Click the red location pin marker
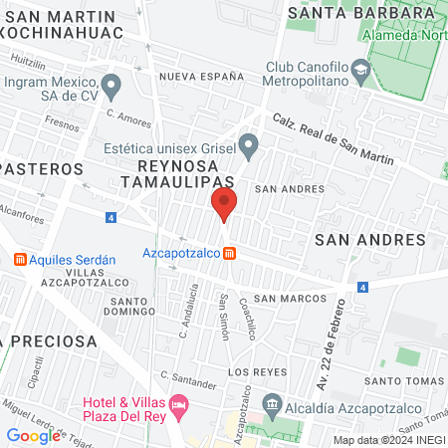224,205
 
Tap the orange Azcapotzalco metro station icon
230,253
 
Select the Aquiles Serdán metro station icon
19,260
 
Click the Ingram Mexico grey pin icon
112,85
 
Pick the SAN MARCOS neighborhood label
289,298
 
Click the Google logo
33,435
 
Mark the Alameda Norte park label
404,35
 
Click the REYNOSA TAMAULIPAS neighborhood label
177,173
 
